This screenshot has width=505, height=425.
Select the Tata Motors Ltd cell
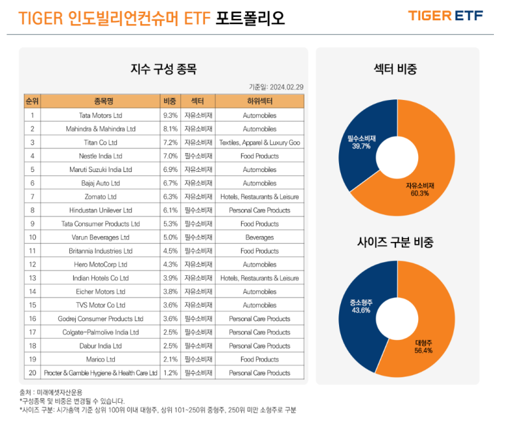[100, 115]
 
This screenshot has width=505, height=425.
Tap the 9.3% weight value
[170, 115]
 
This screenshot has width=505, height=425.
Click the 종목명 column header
[100, 101]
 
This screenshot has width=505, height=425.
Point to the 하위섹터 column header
[259, 101]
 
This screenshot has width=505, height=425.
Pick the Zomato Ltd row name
[100, 197]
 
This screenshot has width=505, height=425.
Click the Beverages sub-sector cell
[259, 237]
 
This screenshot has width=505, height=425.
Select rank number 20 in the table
[32, 373]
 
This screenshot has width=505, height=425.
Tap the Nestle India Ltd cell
[100, 156]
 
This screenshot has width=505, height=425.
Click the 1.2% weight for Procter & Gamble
[170, 373]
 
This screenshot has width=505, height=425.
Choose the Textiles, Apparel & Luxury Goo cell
[259, 143]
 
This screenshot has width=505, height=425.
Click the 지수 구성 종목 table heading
[163, 68]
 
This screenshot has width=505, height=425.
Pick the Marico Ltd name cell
[100, 360]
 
